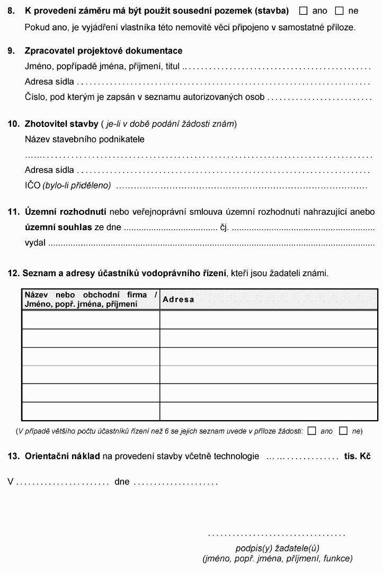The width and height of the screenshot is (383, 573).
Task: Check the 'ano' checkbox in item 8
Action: [304, 11]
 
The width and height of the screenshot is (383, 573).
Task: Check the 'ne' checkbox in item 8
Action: [339, 11]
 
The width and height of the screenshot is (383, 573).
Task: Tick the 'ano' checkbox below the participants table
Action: [311, 431]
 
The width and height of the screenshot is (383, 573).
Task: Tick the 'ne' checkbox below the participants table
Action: [343, 431]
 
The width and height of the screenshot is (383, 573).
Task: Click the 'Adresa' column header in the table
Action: [179, 299]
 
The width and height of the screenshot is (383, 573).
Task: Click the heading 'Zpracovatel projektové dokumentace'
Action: [103, 51]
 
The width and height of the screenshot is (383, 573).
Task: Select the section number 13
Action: [13, 456]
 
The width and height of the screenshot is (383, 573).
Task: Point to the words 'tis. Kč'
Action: [357, 456]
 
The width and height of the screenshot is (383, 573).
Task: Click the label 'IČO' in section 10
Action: [32, 185]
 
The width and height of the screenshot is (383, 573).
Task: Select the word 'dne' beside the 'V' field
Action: [122, 482]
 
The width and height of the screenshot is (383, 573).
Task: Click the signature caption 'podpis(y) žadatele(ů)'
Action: [277, 548]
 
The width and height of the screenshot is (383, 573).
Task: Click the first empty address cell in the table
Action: [269, 320]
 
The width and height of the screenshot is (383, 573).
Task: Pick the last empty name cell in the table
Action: [91, 411]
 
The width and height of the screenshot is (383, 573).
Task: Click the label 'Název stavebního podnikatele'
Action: [85, 139]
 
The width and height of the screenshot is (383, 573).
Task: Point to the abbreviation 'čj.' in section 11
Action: [225, 228]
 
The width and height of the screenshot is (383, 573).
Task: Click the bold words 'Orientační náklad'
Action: [63, 456]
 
